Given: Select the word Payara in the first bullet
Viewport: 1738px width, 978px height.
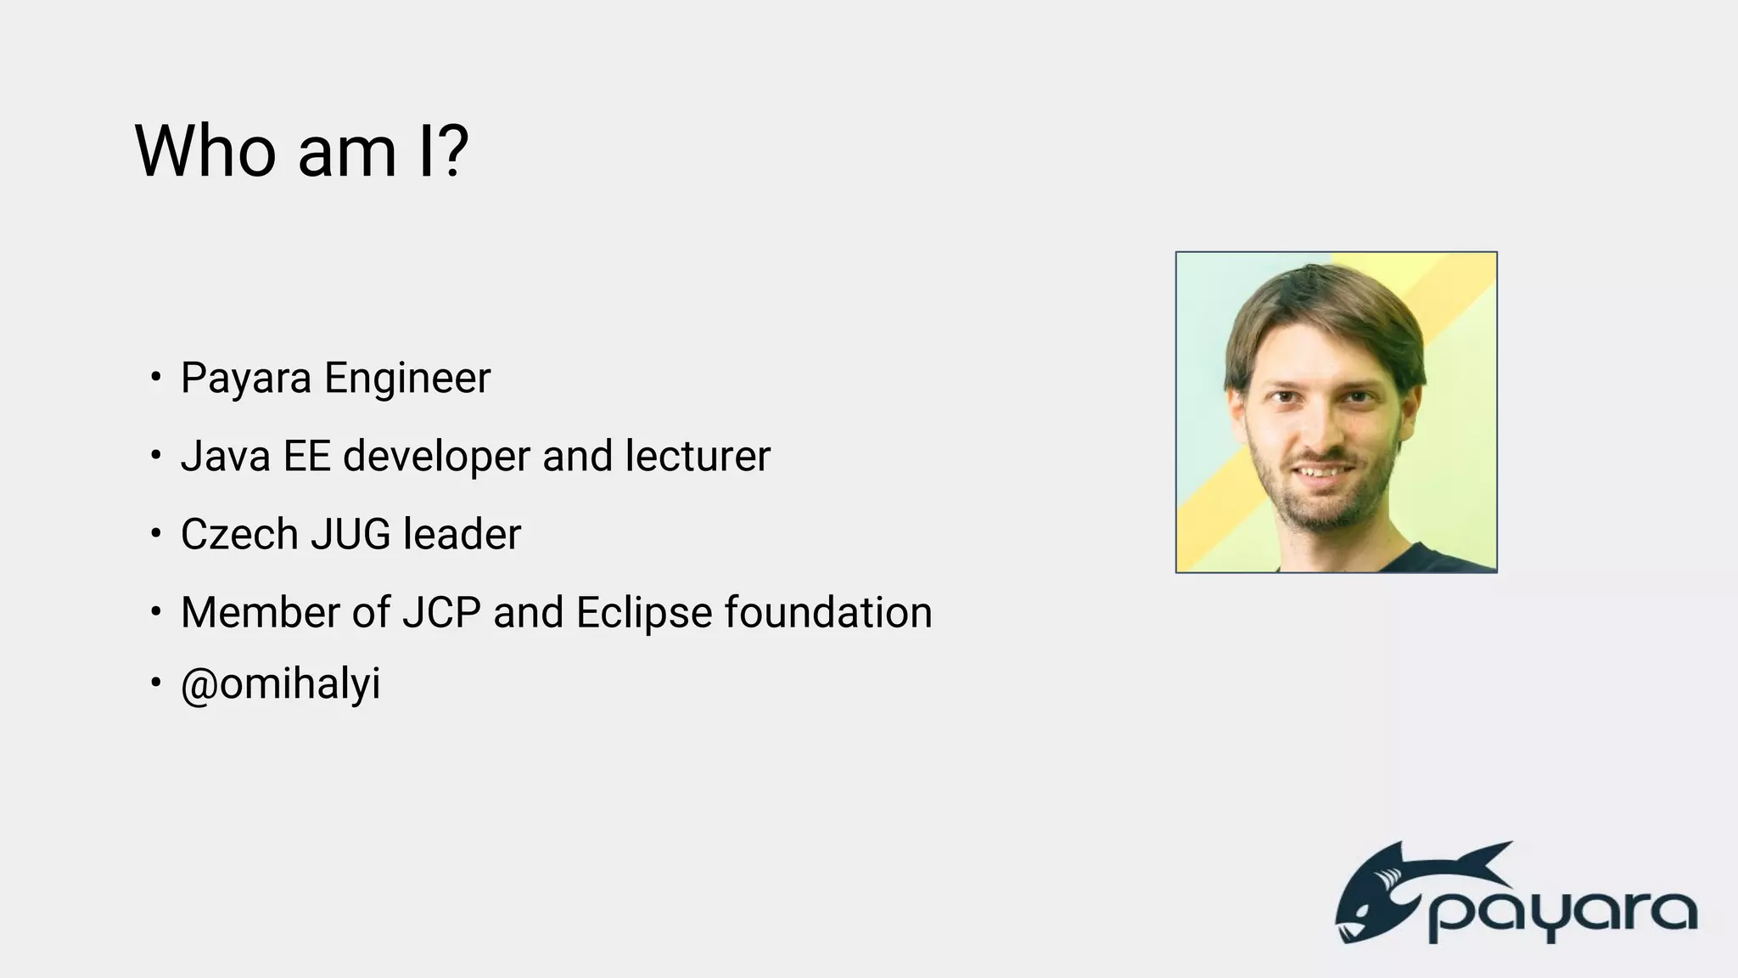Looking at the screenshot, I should (246, 379).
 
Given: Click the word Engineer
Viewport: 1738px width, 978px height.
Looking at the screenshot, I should (407, 379).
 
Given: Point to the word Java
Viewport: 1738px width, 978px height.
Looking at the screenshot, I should (225, 456).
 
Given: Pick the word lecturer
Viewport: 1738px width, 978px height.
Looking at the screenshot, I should (698, 456).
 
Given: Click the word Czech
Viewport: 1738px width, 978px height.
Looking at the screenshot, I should (239, 535).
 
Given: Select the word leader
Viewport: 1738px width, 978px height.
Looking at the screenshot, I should (462, 535).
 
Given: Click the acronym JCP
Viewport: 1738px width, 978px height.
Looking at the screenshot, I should (441, 613).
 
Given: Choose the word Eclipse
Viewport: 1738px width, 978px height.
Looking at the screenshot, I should (644, 613).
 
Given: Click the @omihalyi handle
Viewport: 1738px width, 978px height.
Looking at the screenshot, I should (281, 684).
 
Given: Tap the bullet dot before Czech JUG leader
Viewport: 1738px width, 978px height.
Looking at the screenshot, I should (155, 534).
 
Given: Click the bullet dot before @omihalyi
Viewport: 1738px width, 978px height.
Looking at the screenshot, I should (155, 683).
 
